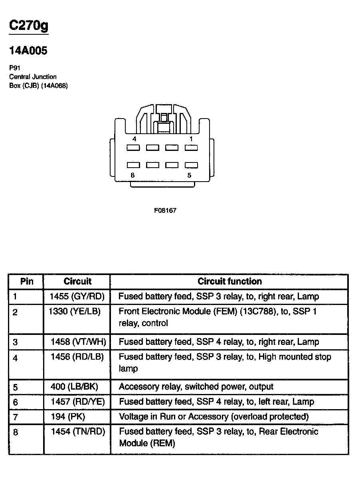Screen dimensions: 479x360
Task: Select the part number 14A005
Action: pos(28,51)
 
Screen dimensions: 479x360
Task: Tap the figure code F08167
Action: pos(165,210)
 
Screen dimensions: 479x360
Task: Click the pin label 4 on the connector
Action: pos(134,139)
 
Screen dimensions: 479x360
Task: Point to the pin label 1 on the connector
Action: pos(191,139)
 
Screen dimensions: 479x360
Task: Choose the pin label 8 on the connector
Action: pos(133,175)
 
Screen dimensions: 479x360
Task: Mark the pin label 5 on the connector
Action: pos(189,175)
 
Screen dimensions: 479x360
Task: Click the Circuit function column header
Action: pos(229,281)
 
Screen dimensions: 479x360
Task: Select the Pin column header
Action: pos(27,281)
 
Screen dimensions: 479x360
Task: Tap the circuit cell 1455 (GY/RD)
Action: pos(77,297)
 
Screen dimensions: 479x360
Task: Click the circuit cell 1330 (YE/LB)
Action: pos(75,311)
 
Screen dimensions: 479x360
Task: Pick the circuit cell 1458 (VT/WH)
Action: pos(78,342)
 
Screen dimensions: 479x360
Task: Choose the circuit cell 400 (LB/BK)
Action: pos(74,387)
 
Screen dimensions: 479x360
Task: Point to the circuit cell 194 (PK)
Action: pos(68,417)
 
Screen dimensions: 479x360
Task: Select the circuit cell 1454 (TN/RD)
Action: pos(78,431)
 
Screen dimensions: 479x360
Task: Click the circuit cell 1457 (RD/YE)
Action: pos(78,402)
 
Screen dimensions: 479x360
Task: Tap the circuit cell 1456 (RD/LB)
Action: pos(77,357)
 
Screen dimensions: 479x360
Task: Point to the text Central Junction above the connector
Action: pos(33,77)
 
